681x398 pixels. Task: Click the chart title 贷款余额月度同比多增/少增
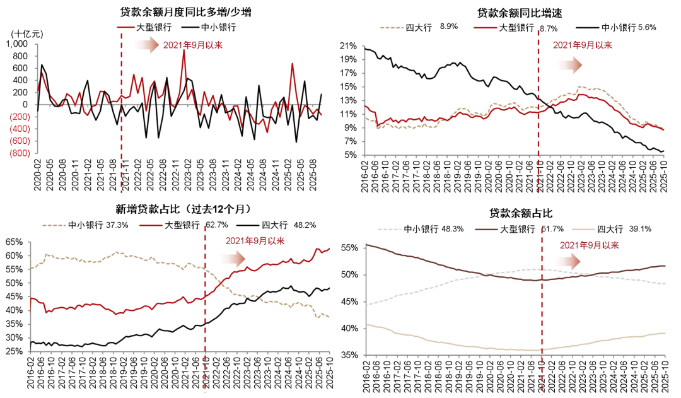186,12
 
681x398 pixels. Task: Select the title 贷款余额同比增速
513,12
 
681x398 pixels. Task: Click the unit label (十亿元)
27,33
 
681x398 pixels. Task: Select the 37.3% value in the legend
118,225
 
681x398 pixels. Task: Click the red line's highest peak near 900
183,50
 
